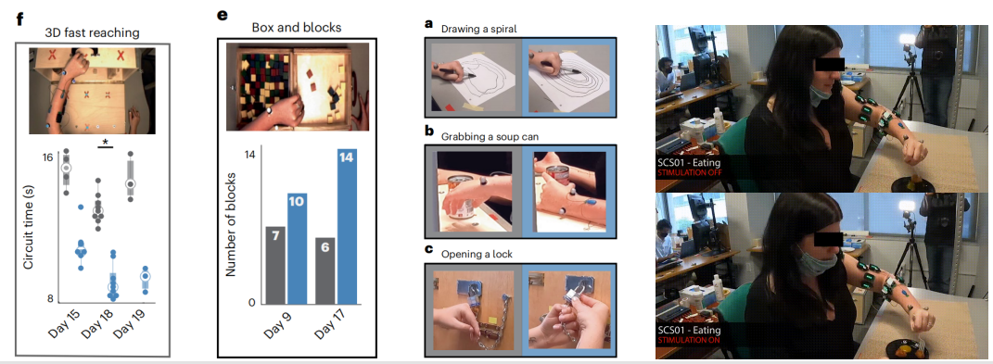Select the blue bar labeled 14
(347, 226)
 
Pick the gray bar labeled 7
(274, 265)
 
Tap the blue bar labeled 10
(297, 248)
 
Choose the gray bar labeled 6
(325, 270)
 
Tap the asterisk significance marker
(105, 141)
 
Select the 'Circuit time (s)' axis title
(29, 227)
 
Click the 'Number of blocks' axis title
(231, 224)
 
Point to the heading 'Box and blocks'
(297, 28)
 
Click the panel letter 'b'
(428, 132)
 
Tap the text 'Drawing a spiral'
(478, 29)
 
